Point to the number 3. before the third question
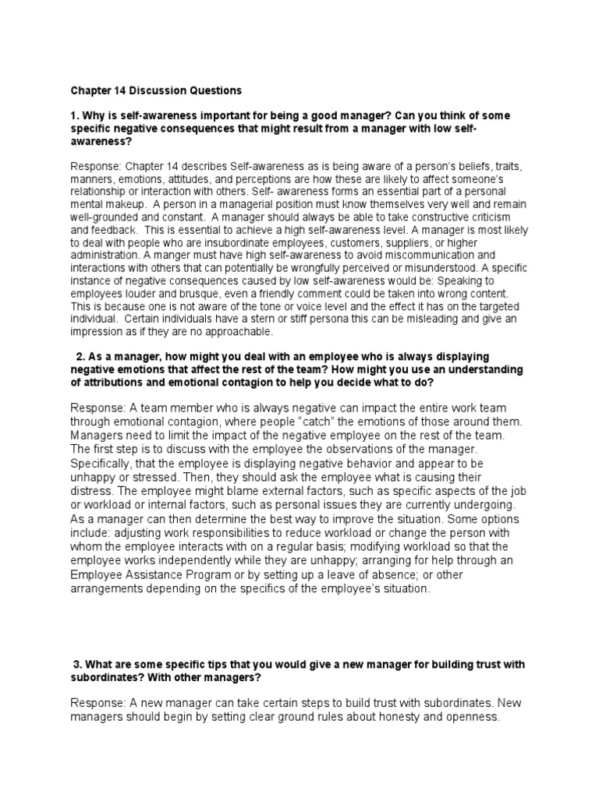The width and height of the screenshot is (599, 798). (x=77, y=664)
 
